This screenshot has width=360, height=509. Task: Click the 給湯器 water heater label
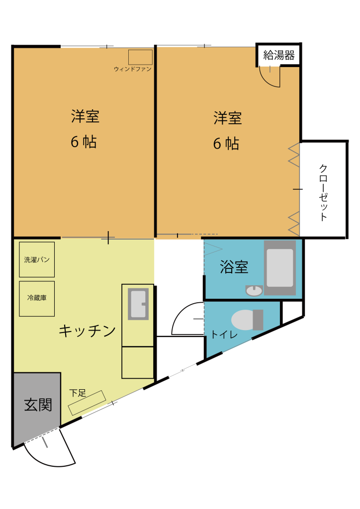279,55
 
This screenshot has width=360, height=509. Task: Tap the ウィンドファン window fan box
140,57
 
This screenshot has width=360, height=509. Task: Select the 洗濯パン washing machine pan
37,259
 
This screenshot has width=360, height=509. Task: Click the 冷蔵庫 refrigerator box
37,299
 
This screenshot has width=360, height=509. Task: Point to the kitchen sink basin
138,304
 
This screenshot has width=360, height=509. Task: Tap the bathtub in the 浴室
280,268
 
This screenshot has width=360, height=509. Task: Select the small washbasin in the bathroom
254,290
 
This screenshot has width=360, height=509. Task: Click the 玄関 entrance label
38,405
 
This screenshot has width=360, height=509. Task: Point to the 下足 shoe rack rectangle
88,403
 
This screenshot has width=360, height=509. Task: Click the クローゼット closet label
323,193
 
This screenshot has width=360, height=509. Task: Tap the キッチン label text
87,331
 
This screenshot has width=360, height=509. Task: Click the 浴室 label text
234,267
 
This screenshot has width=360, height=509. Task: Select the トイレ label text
224,335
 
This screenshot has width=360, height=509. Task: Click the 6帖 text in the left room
84,142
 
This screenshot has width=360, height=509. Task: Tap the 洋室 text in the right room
228,117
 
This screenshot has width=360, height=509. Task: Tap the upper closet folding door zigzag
294,155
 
